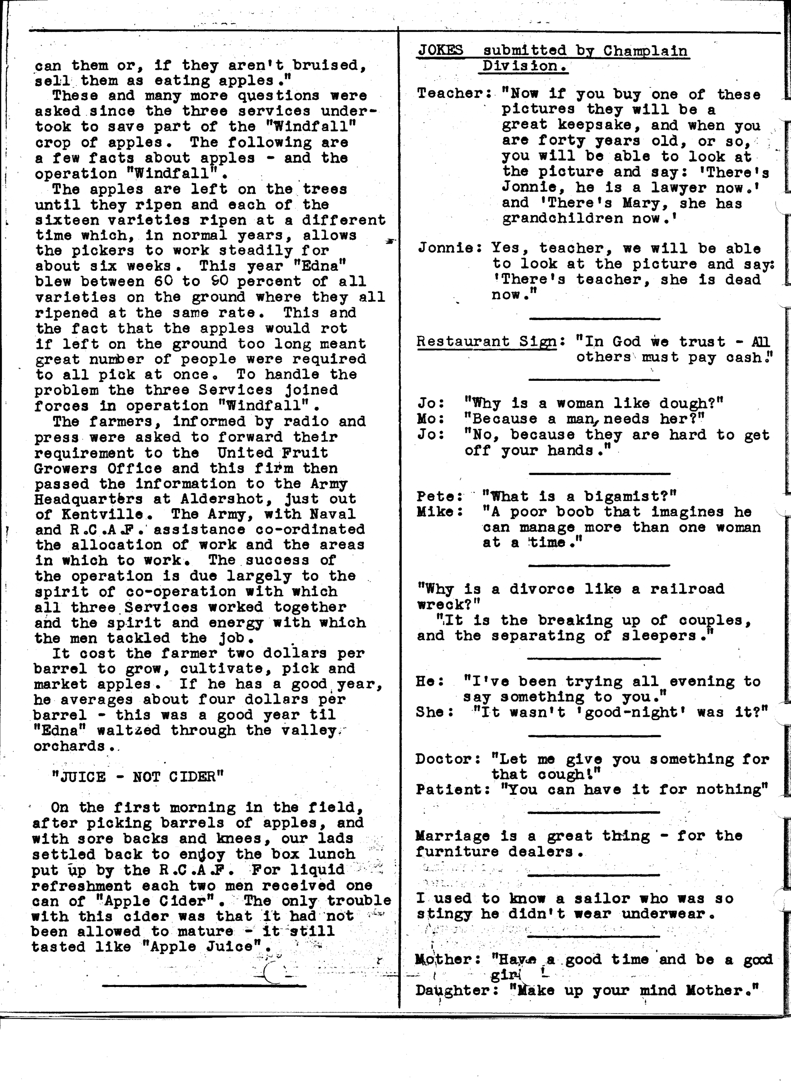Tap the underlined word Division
click(x=525, y=66)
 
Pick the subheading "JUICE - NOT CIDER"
click(x=138, y=777)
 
